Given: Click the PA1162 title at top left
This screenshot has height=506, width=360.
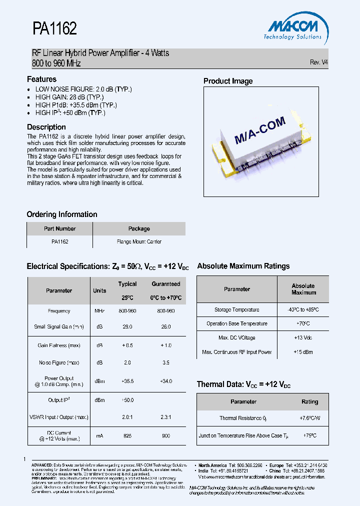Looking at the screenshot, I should (x=54, y=29).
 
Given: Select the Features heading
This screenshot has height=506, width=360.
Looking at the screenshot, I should (x=41, y=79).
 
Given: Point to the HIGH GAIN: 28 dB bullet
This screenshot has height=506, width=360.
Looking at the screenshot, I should (x=69, y=97).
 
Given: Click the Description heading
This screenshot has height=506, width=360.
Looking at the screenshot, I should (x=46, y=127).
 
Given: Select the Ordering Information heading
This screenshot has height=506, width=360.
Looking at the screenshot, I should (x=62, y=214).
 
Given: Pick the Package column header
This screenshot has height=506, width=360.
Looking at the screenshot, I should (x=139, y=228).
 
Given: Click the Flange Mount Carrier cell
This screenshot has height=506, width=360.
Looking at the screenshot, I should (x=139, y=241).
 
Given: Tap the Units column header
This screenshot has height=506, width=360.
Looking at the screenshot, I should (x=99, y=290).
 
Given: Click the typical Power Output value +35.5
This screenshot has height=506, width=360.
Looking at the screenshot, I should (x=127, y=381).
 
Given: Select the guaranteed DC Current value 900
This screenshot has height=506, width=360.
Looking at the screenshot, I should (x=165, y=436).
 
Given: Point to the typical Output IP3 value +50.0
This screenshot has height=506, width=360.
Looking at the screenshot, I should (x=127, y=400).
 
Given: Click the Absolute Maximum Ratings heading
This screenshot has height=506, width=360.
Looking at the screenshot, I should (x=243, y=266).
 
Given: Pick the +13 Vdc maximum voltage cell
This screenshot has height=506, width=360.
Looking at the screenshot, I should (x=303, y=337).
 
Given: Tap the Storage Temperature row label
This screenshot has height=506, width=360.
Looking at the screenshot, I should (x=237, y=310).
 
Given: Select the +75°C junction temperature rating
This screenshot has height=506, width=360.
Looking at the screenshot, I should (x=309, y=435).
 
